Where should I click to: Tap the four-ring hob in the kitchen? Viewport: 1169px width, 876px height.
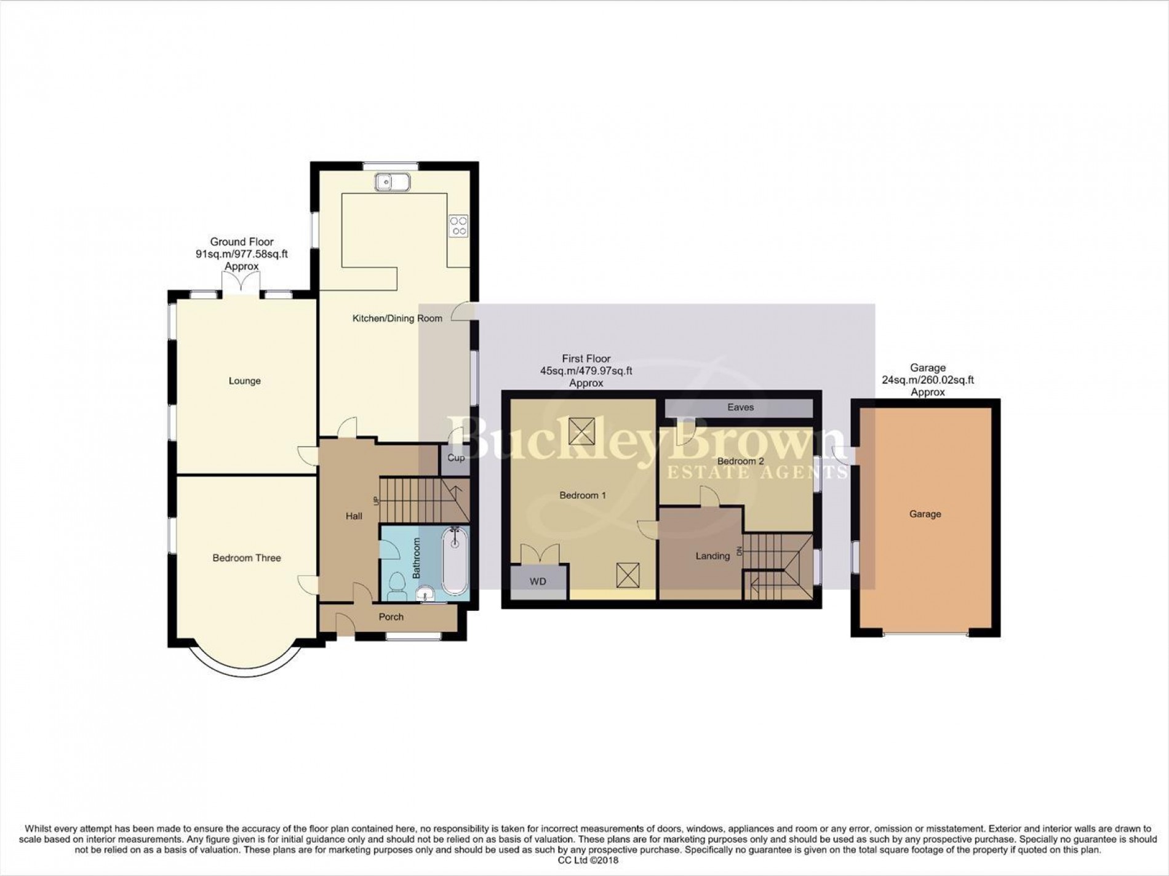click(458, 225)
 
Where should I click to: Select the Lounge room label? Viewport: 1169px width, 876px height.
click(245, 381)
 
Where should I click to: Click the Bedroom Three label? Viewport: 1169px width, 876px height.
click(247, 558)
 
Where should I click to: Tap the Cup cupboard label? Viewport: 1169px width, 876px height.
click(456, 458)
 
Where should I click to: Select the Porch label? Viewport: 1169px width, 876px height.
click(391, 616)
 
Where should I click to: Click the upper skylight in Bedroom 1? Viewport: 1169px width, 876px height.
click(580, 431)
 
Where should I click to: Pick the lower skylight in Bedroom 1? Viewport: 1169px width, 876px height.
click(628, 576)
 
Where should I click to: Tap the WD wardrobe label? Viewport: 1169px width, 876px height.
click(538, 581)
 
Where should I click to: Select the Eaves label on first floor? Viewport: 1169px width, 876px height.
click(740, 407)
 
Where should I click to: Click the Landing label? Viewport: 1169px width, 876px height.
click(712, 556)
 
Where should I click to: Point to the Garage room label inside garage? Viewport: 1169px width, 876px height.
click(925, 514)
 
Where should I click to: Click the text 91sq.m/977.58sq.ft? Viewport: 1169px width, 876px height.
click(242, 254)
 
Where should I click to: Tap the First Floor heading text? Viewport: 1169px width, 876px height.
click(586, 359)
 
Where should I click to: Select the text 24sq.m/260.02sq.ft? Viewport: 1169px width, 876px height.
click(928, 380)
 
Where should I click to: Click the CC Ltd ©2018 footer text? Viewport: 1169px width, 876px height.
click(584, 860)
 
